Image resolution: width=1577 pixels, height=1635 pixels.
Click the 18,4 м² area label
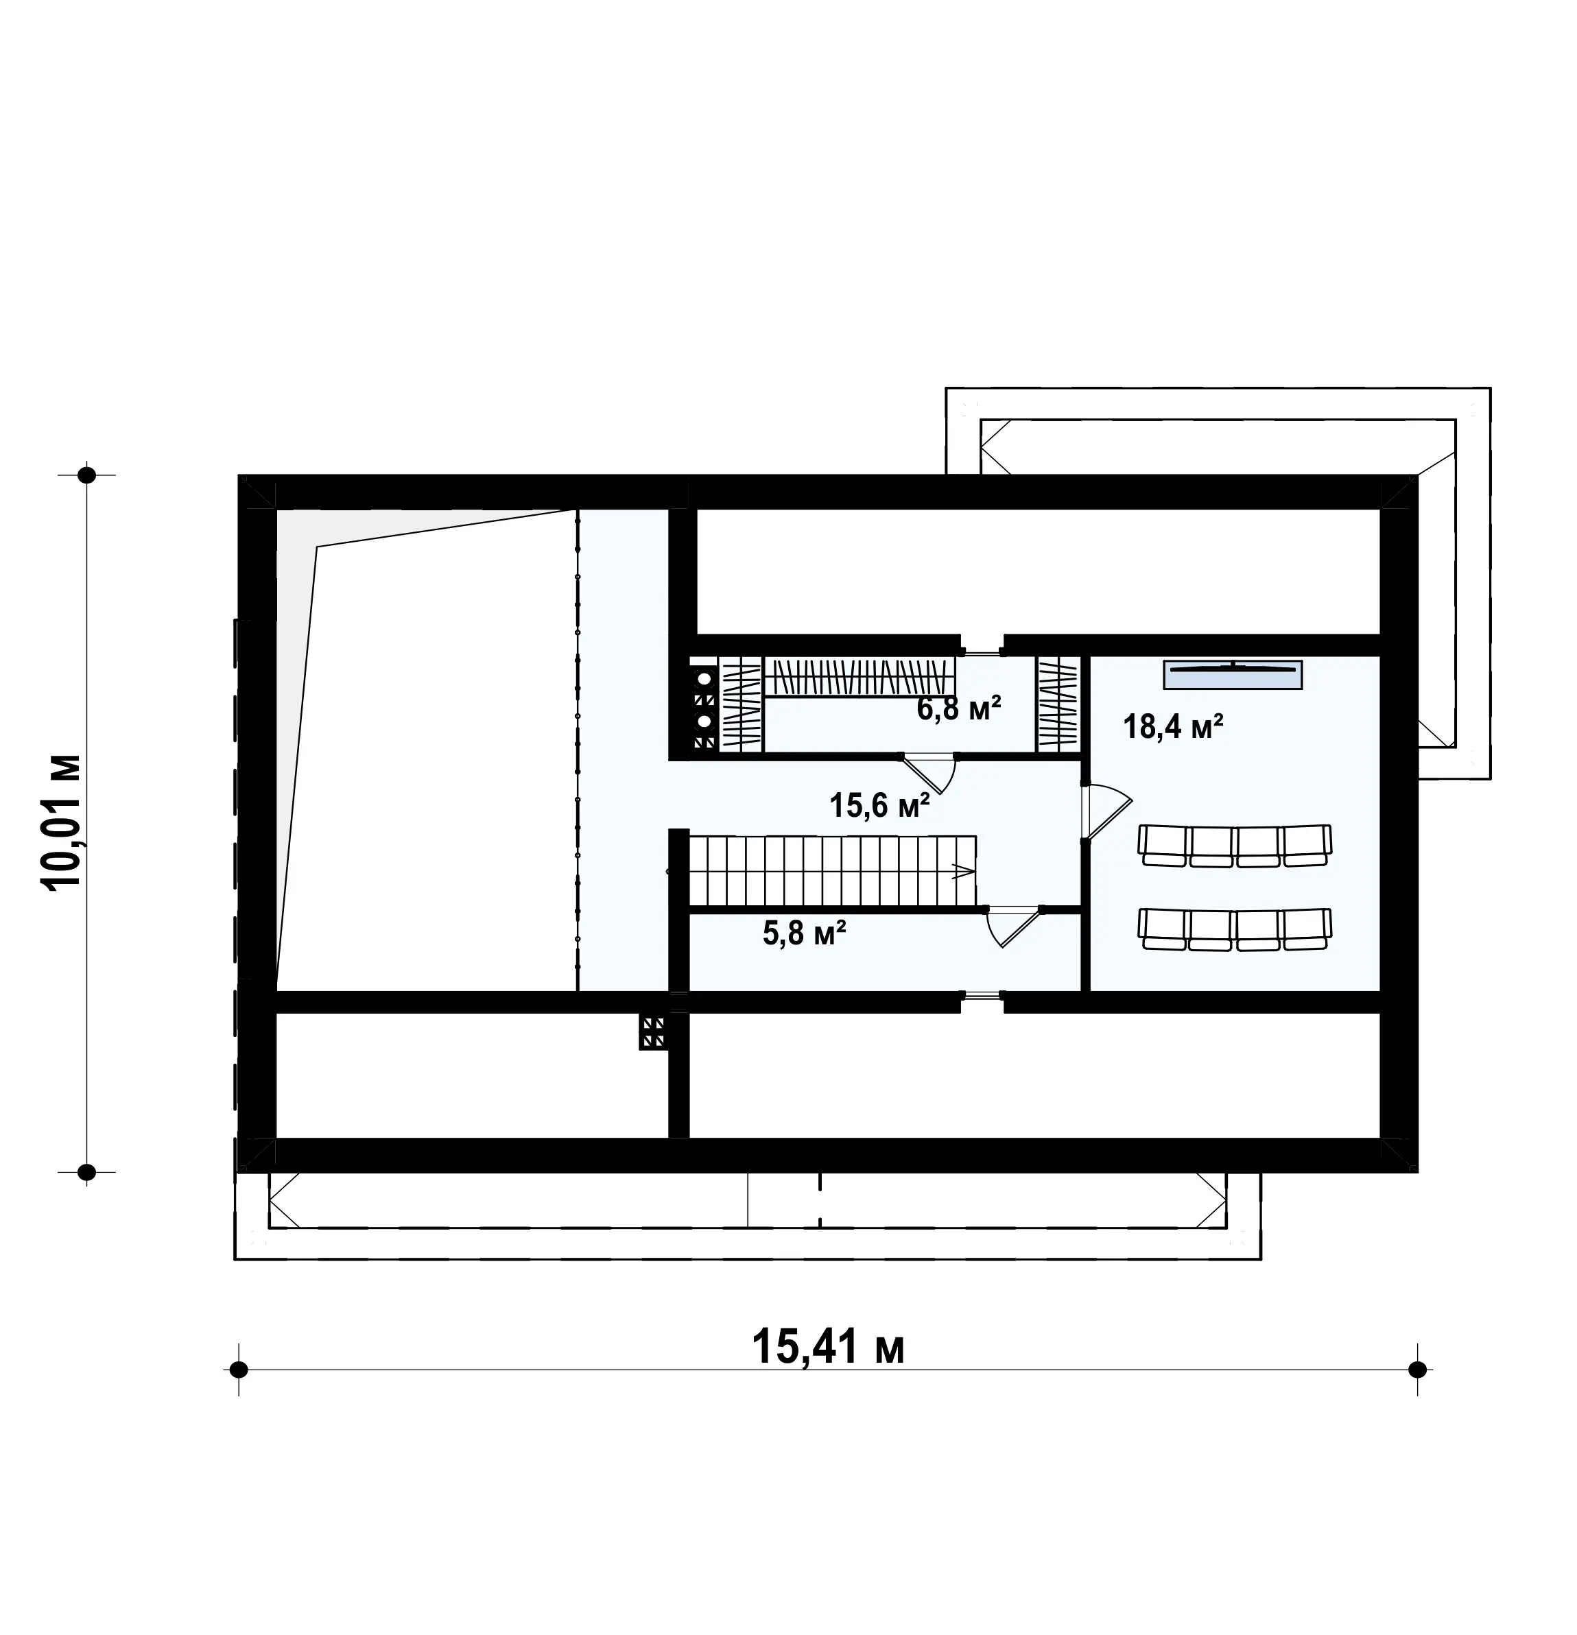pos(1172,726)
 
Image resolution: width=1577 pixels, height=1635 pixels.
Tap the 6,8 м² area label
pos(959,708)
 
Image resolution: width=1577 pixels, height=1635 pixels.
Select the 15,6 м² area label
pos(879,805)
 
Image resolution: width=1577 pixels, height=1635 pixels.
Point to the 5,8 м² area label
pos(805,933)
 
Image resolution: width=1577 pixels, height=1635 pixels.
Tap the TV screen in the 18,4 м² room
pos(1233,674)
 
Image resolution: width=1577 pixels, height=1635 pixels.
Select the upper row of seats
pos(1235,846)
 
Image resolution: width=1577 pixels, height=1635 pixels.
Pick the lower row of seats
pos(1235,929)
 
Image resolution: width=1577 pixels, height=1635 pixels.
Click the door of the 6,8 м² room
pos(929,772)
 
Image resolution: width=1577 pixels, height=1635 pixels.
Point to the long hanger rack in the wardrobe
pos(859,678)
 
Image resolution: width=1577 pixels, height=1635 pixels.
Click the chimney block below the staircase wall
pos(653,1032)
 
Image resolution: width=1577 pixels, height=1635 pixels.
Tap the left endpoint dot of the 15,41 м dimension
pos(239,1370)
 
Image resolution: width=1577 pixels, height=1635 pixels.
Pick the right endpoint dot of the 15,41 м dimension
pos(1416,1370)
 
